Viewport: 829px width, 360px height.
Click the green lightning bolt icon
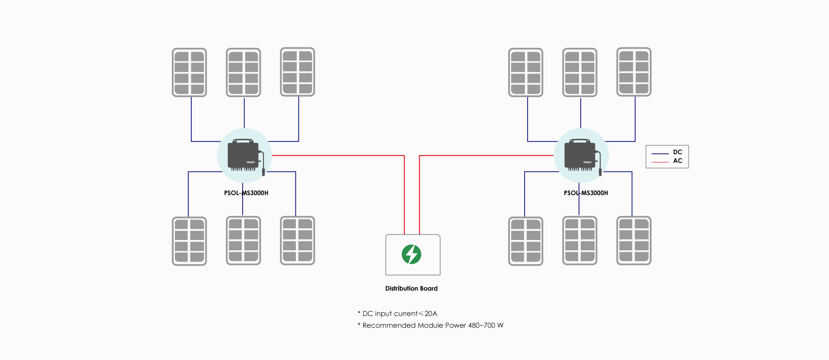tap(411, 254)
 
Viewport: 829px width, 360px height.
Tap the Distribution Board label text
tap(411, 288)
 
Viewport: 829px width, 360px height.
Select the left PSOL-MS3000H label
tap(246, 193)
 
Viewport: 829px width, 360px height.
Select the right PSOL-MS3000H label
tap(586, 193)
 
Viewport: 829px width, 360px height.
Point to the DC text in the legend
tap(677, 152)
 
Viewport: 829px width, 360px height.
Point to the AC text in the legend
tap(677, 161)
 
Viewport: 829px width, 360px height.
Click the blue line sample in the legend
tap(660, 153)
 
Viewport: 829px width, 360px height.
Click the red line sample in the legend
tap(660, 162)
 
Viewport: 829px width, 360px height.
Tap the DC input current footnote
tap(397, 314)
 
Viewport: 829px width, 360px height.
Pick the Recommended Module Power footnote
tap(430, 325)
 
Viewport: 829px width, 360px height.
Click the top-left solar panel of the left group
tap(190, 73)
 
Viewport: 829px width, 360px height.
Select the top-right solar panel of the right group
tap(634, 72)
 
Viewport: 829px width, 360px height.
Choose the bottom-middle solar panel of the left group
tap(244, 241)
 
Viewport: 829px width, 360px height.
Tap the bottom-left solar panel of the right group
tap(526, 241)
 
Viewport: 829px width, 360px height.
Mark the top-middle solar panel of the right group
tap(580, 73)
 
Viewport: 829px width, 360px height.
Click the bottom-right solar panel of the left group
tap(297, 241)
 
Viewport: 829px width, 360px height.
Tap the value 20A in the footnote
tap(431, 314)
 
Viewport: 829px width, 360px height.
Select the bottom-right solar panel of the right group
tap(634, 241)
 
